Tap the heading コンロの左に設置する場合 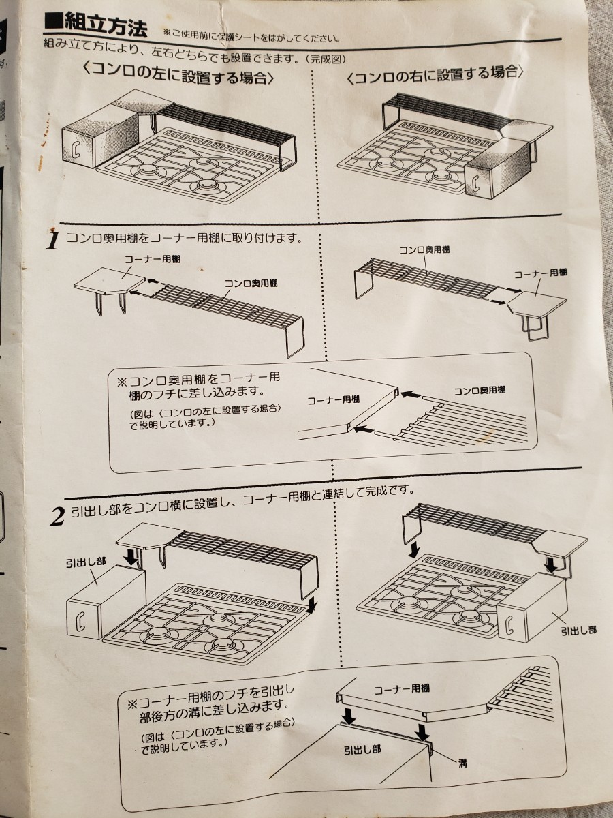[178, 74]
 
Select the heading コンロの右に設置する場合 [436, 74]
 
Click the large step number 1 [53, 241]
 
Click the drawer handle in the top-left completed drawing [75, 151]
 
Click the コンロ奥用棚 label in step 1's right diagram [424, 249]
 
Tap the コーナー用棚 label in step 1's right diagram [540, 274]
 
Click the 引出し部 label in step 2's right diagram [579, 630]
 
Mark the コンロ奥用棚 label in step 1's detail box [480, 391]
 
